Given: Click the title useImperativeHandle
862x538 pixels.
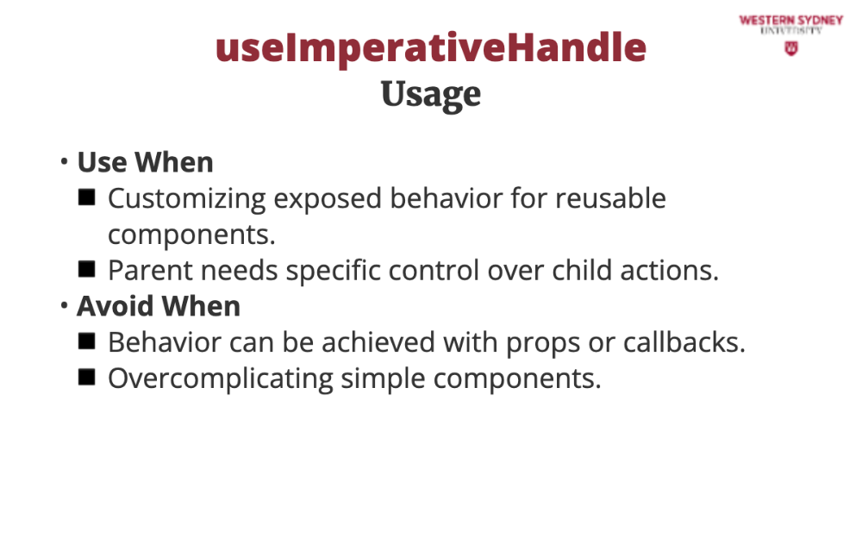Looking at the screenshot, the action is tap(431, 48).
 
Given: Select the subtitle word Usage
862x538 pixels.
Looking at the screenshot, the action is tap(431, 95).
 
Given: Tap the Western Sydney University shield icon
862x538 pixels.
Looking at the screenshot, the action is tap(791, 49).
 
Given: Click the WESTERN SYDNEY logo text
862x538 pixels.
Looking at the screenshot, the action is tap(791, 21).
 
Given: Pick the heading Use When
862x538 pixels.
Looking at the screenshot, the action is tap(145, 162).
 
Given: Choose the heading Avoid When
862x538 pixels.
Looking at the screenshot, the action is tap(159, 306).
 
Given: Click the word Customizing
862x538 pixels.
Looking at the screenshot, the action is tap(186, 199).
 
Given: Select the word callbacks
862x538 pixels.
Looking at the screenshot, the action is tap(684, 342).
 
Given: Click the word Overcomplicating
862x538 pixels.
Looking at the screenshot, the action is tap(220, 379).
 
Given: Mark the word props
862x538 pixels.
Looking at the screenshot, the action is tap(542, 343).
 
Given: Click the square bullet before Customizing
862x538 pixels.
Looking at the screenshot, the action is tap(87, 197).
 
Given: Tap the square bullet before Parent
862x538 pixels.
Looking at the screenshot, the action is tap(87, 270).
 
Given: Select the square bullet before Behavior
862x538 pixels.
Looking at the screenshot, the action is tap(87, 341).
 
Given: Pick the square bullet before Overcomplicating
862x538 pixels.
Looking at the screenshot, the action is tap(87, 378).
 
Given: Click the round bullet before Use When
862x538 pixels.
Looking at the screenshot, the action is tap(65, 162).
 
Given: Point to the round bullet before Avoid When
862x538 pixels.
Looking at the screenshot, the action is tap(65, 305).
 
